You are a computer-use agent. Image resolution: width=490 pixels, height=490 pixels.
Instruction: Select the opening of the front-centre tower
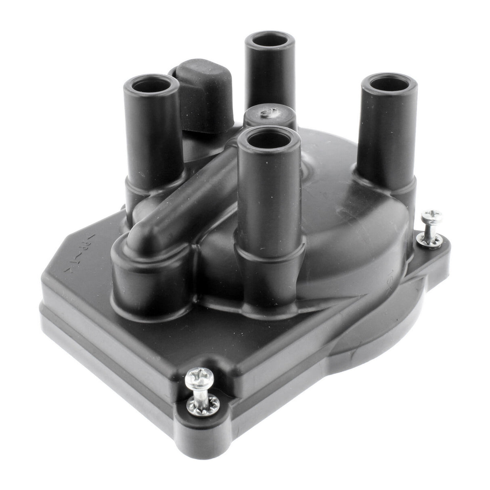269,141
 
